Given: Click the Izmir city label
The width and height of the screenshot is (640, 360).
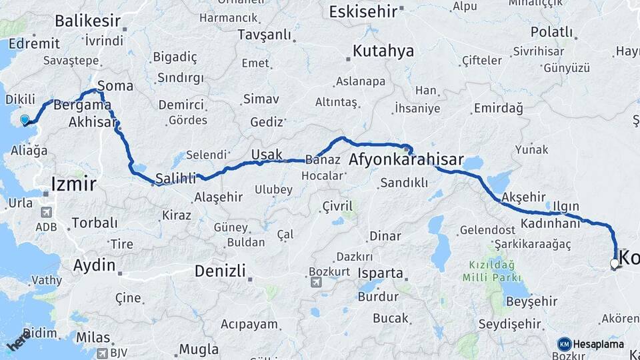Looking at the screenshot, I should click(x=74, y=183).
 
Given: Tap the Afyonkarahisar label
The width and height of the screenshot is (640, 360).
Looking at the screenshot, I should click(x=406, y=160).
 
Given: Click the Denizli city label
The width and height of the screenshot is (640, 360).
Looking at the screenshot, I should click(x=220, y=271).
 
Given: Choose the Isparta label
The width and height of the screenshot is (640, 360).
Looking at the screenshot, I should click(x=380, y=273).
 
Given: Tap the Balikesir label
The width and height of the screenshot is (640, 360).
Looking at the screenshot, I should click(x=87, y=21).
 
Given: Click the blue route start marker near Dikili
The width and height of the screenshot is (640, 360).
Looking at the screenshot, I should click(x=25, y=120).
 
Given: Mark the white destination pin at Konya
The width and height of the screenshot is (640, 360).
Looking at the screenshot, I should click(x=615, y=264).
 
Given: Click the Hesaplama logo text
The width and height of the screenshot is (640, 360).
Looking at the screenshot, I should click(x=597, y=344).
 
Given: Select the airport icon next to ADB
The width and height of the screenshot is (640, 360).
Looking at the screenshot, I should click(x=47, y=213).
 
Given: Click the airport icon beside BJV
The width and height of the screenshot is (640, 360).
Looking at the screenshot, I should click(x=102, y=353).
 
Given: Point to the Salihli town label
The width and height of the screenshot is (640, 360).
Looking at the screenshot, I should click(x=175, y=178).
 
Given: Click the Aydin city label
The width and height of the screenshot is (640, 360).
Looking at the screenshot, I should click(x=94, y=265).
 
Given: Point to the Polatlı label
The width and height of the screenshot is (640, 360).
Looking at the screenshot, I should click(x=551, y=32).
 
